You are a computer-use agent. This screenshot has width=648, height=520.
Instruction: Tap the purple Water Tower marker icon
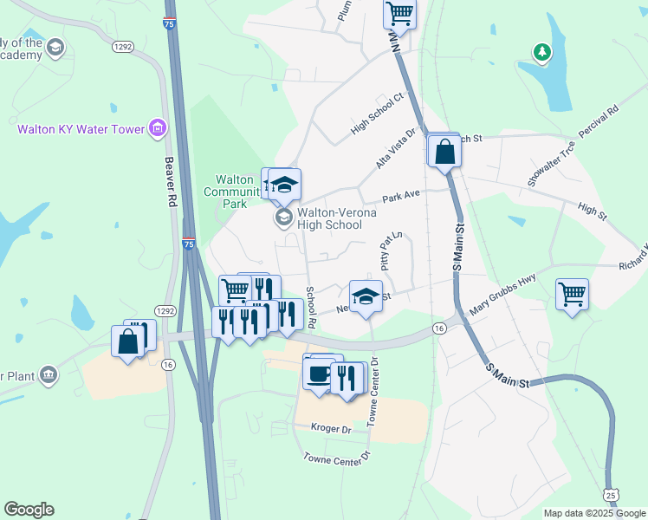pos(157,130)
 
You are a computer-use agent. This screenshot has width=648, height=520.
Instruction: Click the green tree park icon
pos(543,53)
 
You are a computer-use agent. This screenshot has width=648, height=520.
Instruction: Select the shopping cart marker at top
pos(399,13)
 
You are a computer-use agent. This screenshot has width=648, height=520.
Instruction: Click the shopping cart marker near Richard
pos(572,294)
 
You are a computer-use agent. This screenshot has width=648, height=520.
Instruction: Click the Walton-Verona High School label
pos(329,218)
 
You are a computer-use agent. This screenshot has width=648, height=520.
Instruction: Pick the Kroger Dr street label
pos(334,428)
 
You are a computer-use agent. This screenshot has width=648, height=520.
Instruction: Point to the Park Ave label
pos(401,198)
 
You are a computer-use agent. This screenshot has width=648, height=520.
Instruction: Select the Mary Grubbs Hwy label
pos(503,295)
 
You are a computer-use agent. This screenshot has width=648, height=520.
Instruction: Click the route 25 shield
pos(612,494)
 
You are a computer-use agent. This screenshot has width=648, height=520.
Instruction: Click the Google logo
pos(29,510)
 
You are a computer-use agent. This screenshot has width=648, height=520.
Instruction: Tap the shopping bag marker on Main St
pos(444,151)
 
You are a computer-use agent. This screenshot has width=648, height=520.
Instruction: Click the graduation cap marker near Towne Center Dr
pos(366,295)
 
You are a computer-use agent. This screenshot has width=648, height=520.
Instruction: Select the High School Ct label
pos(378,114)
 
